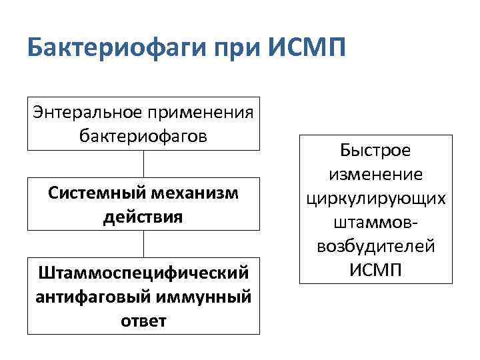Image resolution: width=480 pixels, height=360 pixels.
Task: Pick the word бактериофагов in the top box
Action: [x=143, y=135]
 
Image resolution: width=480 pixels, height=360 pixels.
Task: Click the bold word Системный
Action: [x=91, y=193]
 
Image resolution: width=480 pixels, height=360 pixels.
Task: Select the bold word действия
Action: [x=143, y=217]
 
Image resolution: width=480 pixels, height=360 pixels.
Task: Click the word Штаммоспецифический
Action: [x=143, y=273]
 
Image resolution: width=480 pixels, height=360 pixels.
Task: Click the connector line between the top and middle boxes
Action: [x=143, y=164]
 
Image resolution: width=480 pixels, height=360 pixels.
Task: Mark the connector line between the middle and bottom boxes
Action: [x=143, y=243]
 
